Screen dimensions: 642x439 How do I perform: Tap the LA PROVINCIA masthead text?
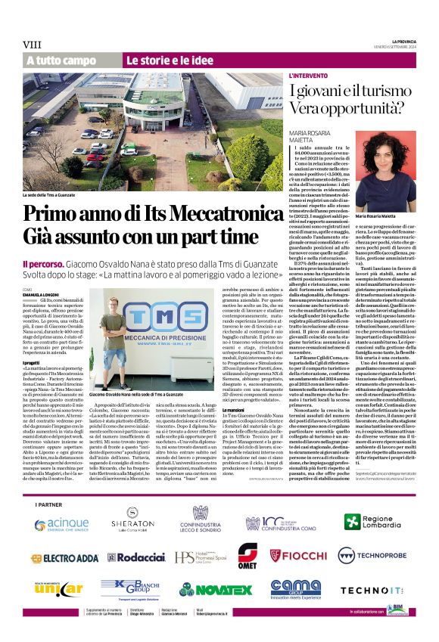(403, 40)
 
